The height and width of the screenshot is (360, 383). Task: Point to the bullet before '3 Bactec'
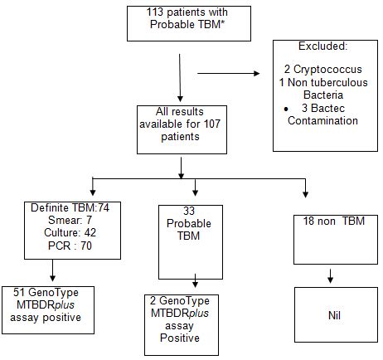click(286, 109)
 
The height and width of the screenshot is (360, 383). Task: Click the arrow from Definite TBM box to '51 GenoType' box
click(52, 270)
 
